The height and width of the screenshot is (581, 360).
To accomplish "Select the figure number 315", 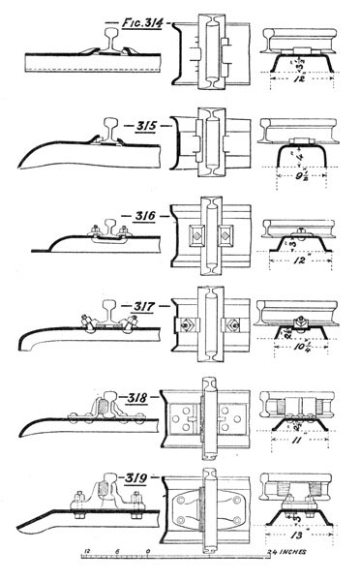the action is [x=142, y=125].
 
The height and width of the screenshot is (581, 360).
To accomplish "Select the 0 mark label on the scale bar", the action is [x=147, y=551].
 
